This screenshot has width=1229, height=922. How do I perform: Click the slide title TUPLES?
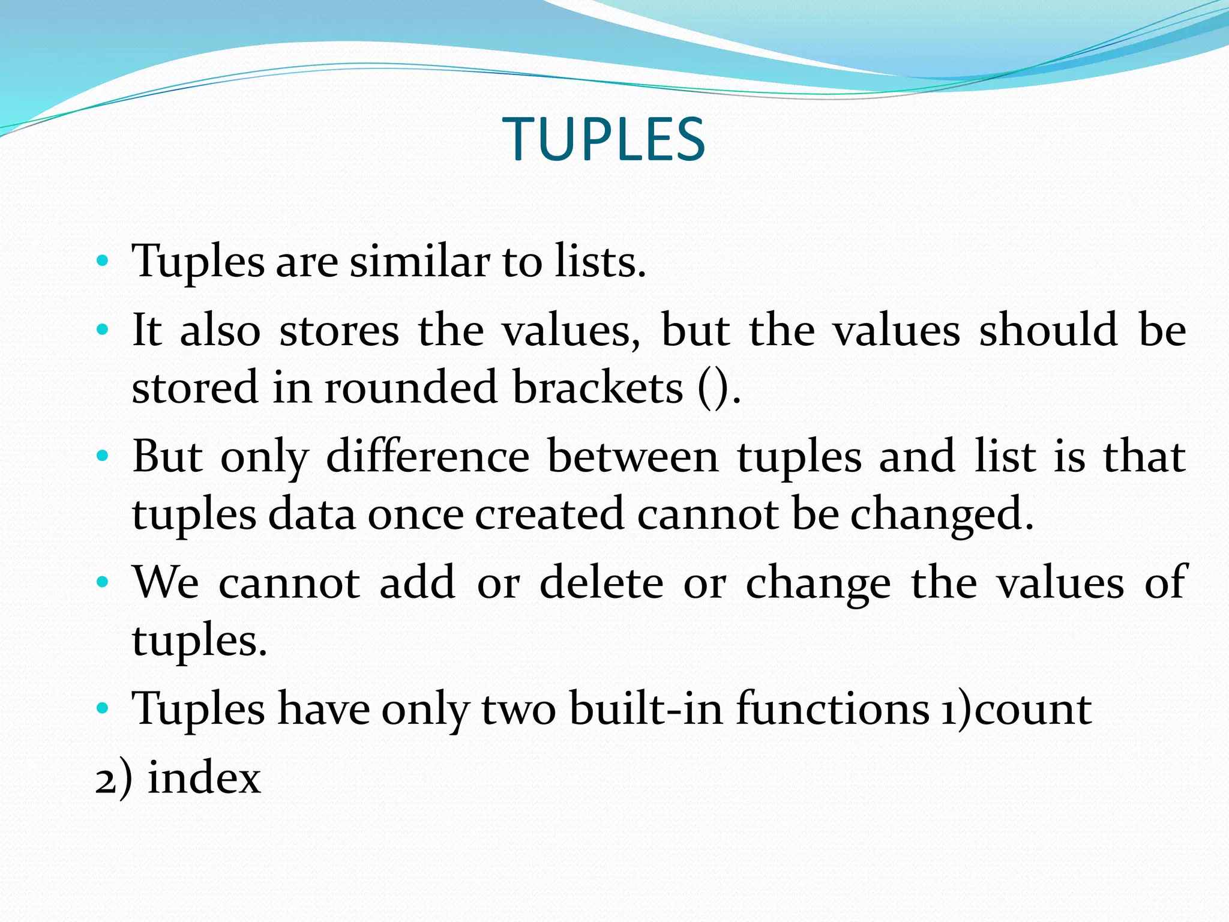coord(604,139)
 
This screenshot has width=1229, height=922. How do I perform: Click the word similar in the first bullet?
coord(419,262)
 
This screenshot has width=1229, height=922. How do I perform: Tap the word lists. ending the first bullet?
coord(600,262)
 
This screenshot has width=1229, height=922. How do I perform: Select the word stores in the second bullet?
coord(339,331)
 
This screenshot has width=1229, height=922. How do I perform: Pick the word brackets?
coord(598,388)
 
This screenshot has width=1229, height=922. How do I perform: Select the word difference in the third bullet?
coord(428,457)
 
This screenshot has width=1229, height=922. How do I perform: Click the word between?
coord(633,457)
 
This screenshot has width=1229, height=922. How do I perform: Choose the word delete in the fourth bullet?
coord(601,583)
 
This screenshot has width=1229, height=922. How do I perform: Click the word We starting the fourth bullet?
coord(166,583)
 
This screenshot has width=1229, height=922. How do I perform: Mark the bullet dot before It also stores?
coord(103,330)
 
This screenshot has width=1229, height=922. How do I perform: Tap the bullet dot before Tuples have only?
coord(103,708)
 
